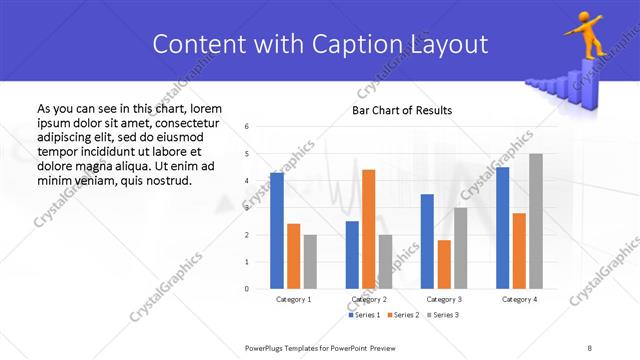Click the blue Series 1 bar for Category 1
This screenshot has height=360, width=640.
point(277,231)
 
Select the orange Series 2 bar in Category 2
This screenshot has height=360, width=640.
point(368,229)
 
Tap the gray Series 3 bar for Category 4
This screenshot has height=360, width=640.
point(536,221)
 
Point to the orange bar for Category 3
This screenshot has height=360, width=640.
point(444,264)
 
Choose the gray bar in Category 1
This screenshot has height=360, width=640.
point(310,262)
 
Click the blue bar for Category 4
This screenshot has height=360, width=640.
point(502,228)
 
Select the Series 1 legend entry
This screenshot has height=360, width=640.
point(364,315)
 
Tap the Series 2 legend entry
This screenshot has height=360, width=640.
point(402,315)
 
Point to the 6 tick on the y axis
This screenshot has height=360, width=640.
point(247,127)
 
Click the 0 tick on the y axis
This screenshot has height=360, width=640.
point(247,289)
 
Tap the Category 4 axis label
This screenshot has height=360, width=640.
point(519,299)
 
